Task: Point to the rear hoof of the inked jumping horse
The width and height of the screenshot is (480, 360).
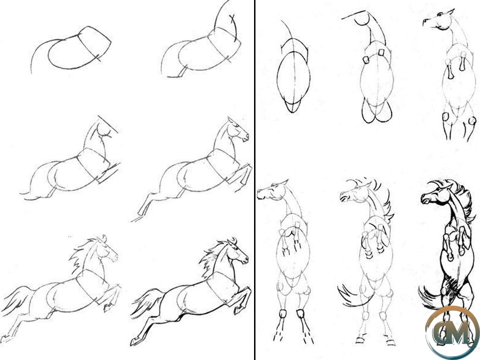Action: click(134, 341)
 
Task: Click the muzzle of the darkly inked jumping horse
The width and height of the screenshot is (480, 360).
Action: click(245, 260)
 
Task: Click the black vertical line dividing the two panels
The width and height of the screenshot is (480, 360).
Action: click(255, 180)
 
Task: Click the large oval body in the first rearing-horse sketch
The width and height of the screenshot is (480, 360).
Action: click(293, 79)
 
